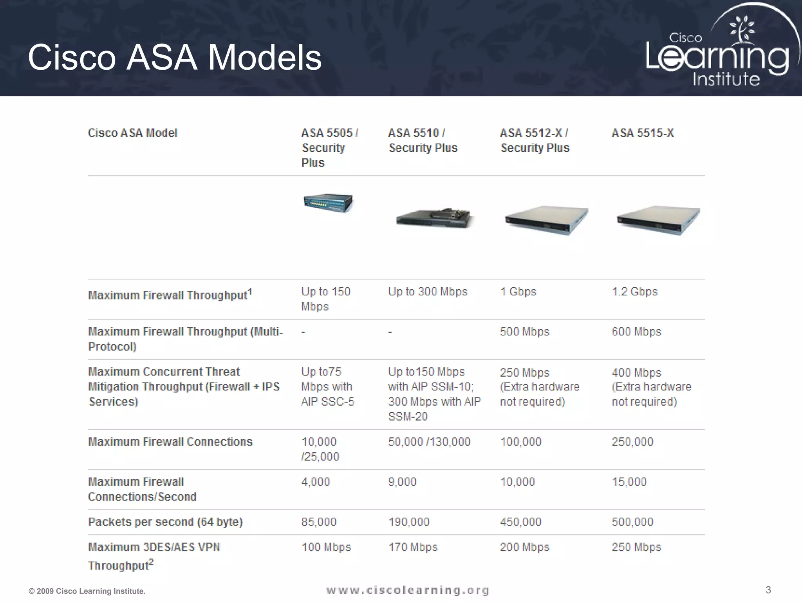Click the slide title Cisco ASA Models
[175, 58]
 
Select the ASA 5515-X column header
[643, 133]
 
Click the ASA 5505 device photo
[328, 203]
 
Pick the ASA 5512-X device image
[546, 219]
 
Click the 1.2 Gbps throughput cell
[634, 292]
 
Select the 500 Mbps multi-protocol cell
[524, 332]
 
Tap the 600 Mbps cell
[636, 332]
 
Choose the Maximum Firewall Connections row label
[170, 442]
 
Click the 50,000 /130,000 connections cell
[429, 442]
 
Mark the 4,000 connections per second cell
[316, 482]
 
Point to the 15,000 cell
[629, 482]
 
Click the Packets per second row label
[165, 522]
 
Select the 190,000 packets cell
[409, 522]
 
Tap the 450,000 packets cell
[520, 522]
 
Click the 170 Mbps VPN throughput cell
[413, 547]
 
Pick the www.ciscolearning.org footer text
[408, 590]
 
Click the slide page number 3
[768, 590]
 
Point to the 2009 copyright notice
[87, 591]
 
